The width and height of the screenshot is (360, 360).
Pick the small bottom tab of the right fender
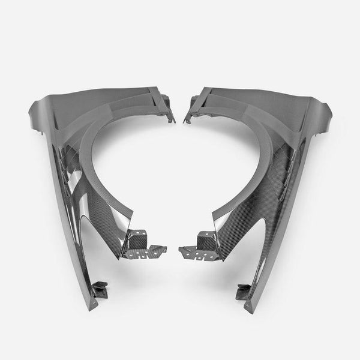point(244,287)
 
